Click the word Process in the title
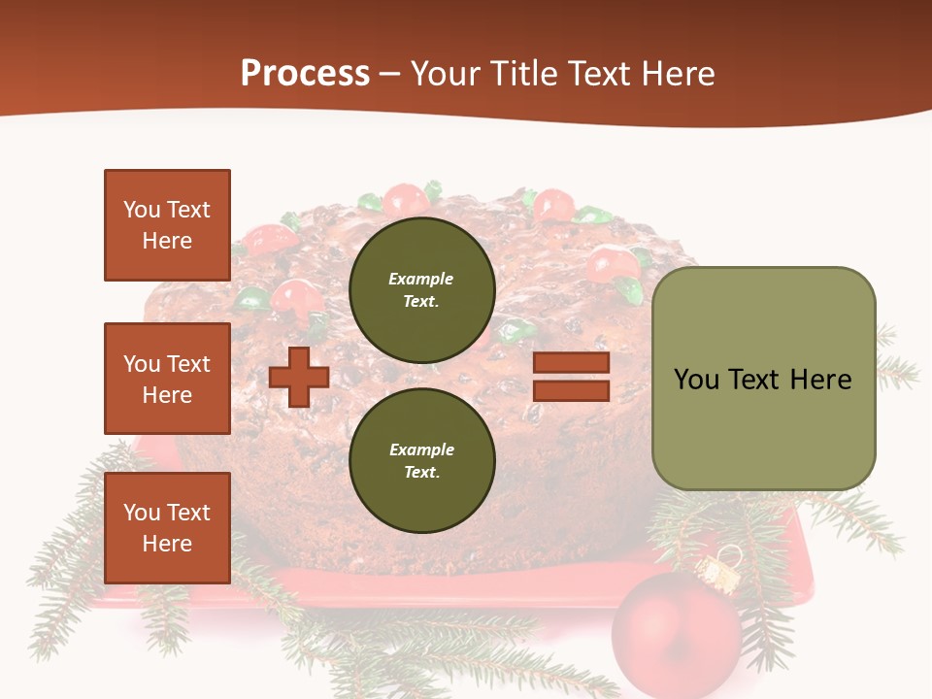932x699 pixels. click(305, 74)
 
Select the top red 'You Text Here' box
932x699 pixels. click(167, 225)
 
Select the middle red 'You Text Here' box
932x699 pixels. click(167, 379)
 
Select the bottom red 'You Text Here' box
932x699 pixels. click(167, 528)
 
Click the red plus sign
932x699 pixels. click(299, 377)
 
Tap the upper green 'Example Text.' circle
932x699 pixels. click(422, 289)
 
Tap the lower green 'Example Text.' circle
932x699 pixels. click(422, 460)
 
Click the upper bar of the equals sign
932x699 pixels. click(571, 363)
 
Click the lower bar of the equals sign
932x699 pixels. click(571, 391)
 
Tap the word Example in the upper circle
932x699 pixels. click(421, 279)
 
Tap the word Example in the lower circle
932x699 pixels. click(421, 449)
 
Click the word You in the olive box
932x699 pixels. click(698, 380)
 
